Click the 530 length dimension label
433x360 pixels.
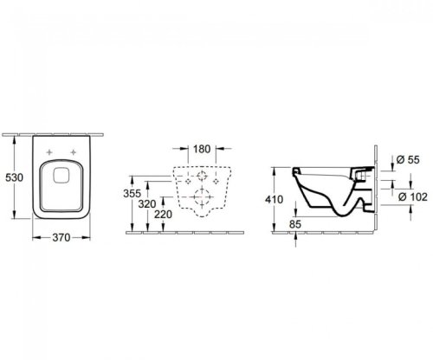click(14, 177)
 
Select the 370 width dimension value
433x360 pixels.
click(61, 237)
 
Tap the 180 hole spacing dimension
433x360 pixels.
click(202, 149)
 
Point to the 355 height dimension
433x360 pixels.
click(132, 193)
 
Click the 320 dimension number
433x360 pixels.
click(147, 204)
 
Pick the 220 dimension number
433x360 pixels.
click(163, 215)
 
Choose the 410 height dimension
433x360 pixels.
click(274, 199)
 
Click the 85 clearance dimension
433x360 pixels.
click(295, 224)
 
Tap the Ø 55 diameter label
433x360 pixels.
click(408, 159)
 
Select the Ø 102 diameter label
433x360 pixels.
click(413, 197)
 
